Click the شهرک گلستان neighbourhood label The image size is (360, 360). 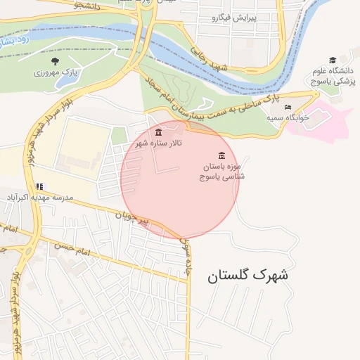coord(247,276)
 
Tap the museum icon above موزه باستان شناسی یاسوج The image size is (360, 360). coord(222,155)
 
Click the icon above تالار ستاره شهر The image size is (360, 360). coord(158,132)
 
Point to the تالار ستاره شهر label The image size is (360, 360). coord(158,143)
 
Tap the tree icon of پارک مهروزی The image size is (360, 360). coord(55,61)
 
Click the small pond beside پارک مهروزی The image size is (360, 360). coord(69,79)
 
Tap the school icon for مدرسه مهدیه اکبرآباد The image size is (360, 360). coord(39,186)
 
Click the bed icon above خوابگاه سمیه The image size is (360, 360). coord(288,108)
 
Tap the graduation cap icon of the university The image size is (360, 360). coord(333,60)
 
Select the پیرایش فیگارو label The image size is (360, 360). coord(237,16)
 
